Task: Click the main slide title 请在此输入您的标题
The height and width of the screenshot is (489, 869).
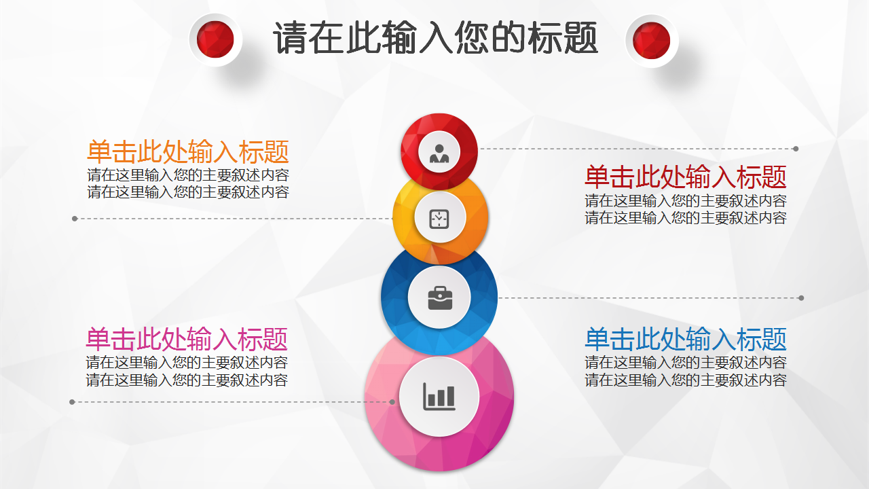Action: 435,37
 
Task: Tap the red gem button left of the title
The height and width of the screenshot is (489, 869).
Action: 215,39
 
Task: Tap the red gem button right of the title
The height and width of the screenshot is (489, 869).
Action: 651,40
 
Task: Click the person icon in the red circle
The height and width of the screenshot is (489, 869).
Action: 439,153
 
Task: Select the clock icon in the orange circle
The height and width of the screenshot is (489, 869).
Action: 439,219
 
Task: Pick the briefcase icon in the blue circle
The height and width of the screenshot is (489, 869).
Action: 440,298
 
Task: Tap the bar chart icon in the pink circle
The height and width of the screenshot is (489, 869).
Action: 439,397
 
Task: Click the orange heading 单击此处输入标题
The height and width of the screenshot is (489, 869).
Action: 188,151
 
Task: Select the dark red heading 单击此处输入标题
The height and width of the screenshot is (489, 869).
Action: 686,177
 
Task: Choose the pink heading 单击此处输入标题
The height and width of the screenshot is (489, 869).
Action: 187,339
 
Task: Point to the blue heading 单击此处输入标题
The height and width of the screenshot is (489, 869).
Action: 686,339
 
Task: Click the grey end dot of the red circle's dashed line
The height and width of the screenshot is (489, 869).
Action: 796,149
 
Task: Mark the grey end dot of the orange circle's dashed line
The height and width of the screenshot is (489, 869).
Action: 75,219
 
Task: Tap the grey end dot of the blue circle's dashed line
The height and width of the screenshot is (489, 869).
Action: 801,298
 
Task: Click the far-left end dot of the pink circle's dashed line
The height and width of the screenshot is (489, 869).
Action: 72,402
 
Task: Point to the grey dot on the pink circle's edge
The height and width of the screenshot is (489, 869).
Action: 392,402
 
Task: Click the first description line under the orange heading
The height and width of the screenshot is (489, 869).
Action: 188,175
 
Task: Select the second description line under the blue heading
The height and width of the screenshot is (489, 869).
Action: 686,380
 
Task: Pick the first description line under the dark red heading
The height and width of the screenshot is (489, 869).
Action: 686,200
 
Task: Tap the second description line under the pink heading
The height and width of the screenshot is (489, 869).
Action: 187,380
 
